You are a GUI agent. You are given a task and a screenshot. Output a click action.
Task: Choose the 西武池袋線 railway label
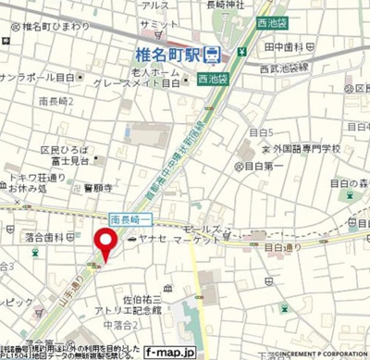click(x=309, y=68)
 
